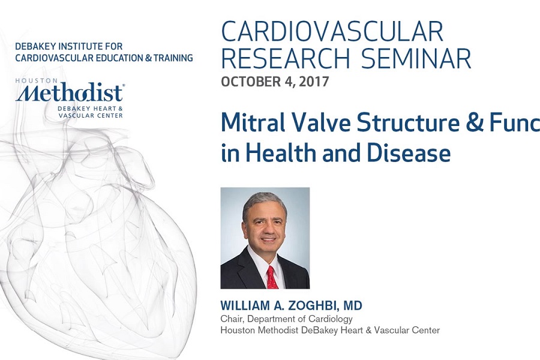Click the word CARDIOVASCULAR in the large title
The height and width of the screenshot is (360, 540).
(x=332, y=31)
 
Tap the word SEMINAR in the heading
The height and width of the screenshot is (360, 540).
(x=416, y=58)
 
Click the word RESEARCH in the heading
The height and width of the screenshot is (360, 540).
(x=286, y=58)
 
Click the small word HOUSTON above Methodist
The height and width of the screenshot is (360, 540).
(x=37, y=80)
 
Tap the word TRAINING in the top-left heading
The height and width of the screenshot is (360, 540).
(x=173, y=58)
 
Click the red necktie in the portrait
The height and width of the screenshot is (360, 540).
(x=272, y=277)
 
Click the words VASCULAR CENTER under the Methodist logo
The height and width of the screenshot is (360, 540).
(x=91, y=115)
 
